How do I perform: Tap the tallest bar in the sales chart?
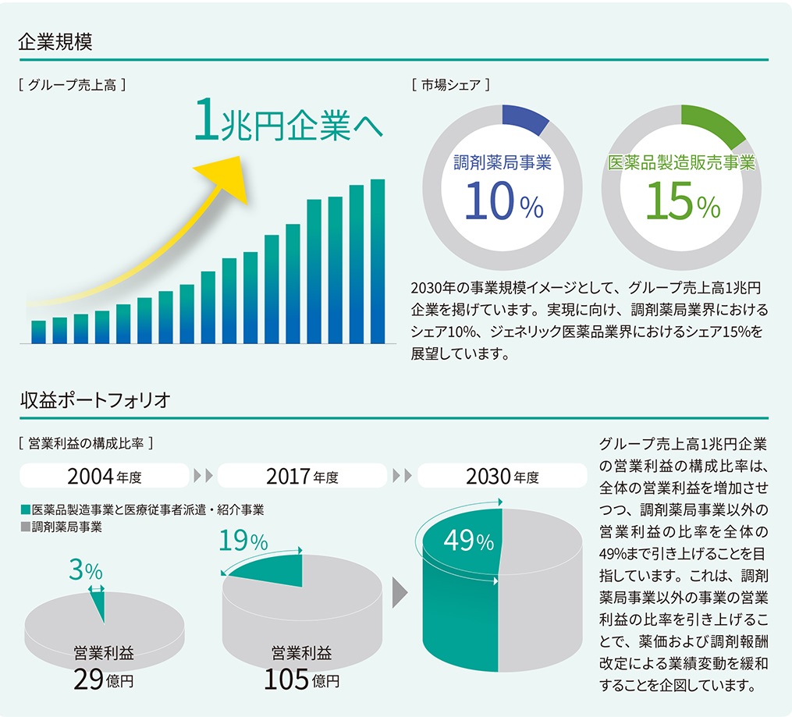[378, 261]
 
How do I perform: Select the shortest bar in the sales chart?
[38, 332]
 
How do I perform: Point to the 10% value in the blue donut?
[503, 202]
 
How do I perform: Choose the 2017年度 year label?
[302, 475]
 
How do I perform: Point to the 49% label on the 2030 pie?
[468, 541]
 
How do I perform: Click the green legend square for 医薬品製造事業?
[25, 510]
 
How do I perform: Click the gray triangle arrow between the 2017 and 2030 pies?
[400, 592]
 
